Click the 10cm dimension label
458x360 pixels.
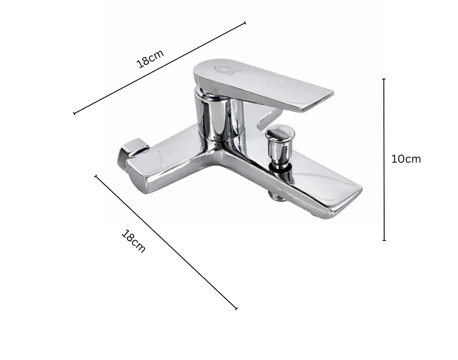pos(406,159)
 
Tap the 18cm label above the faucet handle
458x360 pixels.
pos(150,59)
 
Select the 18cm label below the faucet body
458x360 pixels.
pos(133,241)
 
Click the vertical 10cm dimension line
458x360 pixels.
pos(384,190)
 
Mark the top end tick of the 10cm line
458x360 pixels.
pos(384,79)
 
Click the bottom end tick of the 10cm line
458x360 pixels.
pos(384,240)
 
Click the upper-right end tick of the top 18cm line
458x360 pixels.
pos(245,22)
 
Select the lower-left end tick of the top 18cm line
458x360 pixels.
pos(74,113)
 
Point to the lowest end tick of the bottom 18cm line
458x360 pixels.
pos(236,308)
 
